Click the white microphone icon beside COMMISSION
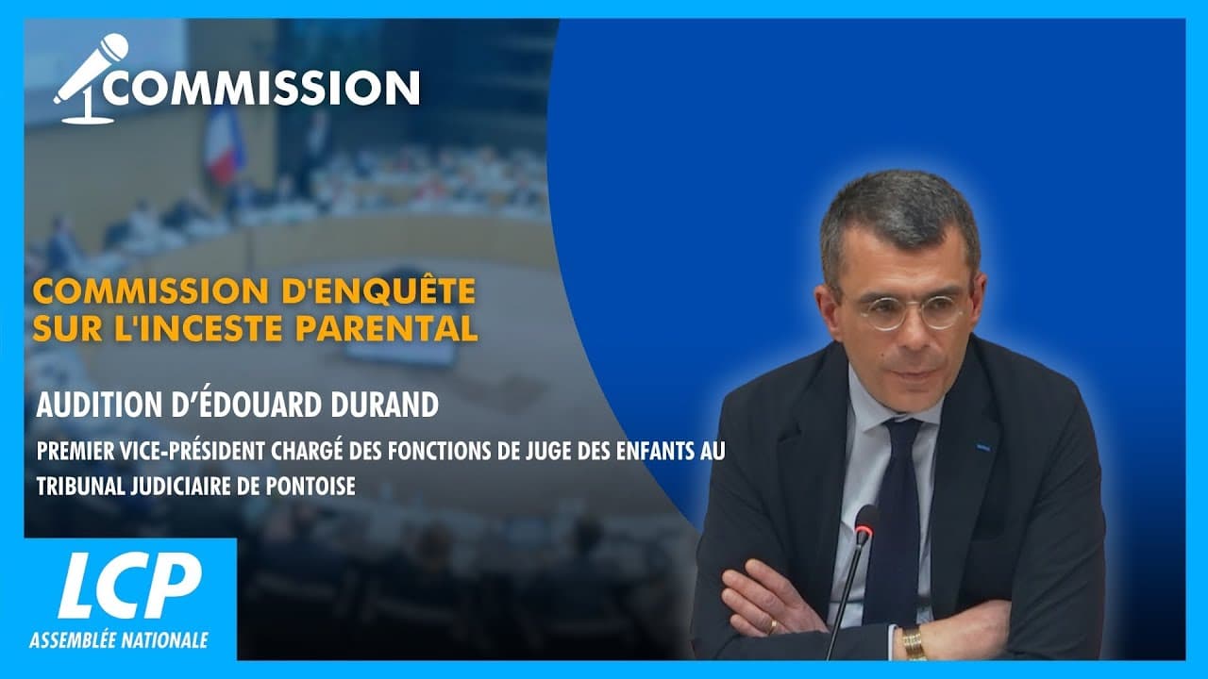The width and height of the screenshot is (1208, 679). (x=91, y=79)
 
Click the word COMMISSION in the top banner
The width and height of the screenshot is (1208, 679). (x=261, y=88)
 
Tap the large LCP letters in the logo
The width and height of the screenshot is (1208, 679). (x=129, y=585)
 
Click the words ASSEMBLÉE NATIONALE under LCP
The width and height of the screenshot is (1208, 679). (x=119, y=640)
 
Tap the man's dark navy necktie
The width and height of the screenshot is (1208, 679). (x=893, y=509)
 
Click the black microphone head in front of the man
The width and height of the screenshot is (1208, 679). (x=865, y=522)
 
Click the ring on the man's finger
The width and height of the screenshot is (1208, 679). (x=772, y=624)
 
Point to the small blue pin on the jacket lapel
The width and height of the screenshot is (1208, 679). (x=982, y=446)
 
